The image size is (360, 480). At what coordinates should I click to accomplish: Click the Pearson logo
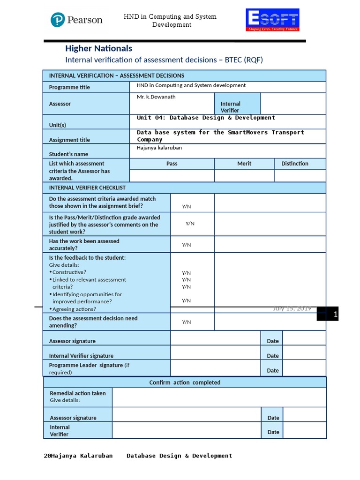(x=76, y=20)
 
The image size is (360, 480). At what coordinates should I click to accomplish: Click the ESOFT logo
(x=272, y=20)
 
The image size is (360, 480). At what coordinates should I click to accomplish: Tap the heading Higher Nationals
(x=98, y=48)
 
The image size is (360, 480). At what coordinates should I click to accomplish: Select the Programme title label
(x=69, y=87)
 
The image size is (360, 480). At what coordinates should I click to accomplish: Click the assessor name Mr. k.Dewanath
(x=156, y=97)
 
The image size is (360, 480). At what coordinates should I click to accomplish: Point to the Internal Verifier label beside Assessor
(x=231, y=107)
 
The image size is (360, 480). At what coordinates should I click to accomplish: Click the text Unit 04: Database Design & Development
(x=206, y=118)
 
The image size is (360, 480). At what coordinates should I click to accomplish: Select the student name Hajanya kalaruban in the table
(x=159, y=148)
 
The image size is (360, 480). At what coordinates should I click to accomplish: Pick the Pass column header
(x=172, y=164)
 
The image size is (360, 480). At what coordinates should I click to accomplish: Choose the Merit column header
(x=244, y=164)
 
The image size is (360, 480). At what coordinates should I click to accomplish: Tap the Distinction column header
(x=295, y=164)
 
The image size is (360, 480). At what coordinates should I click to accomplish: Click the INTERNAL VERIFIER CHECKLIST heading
(x=87, y=187)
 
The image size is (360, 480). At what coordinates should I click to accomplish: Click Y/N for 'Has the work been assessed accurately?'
(x=187, y=245)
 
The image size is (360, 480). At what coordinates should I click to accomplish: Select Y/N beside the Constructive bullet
(x=187, y=273)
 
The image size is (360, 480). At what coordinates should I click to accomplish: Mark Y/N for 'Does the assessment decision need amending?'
(x=187, y=322)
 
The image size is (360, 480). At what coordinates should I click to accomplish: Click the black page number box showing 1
(x=328, y=314)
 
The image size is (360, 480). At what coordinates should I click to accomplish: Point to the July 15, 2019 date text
(x=292, y=308)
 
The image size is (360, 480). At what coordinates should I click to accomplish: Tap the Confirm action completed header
(x=185, y=382)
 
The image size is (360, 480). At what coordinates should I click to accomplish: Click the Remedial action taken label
(x=78, y=393)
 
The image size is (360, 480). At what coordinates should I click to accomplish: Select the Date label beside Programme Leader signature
(x=273, y=370)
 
